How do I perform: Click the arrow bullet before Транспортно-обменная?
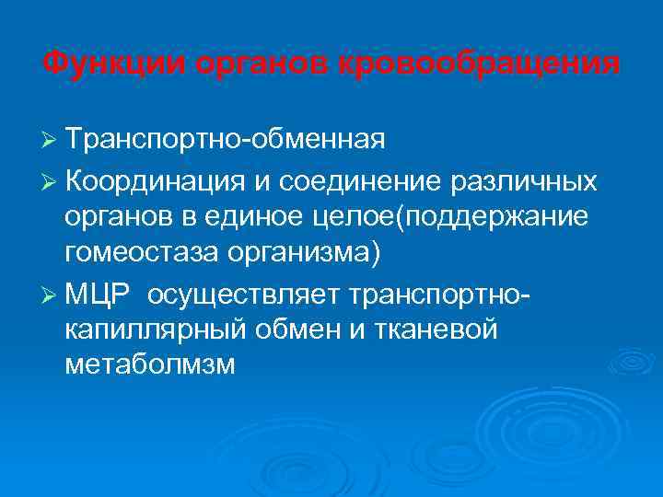[51, 140]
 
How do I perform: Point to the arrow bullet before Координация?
[51, 181]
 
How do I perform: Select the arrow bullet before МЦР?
[51, 294]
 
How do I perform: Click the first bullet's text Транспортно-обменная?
[225, 140]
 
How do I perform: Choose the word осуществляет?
[243, 294]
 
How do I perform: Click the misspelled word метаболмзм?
[151, 365]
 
